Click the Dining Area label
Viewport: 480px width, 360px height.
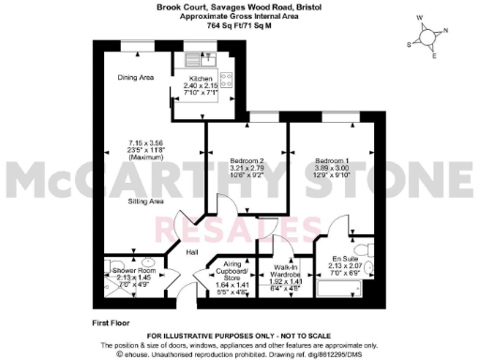point(135,78)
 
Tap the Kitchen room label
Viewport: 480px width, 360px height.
point(202,79)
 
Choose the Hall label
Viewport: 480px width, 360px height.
point(190,253)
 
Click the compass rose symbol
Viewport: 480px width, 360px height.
point(431,37)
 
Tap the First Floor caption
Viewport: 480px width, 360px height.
point(112,322)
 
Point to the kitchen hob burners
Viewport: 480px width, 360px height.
point(226,82)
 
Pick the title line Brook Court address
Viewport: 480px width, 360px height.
point(240,7)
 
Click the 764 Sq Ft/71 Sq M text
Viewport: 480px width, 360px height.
point(240,26)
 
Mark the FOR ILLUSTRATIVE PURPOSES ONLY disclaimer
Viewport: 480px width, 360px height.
point(240,334)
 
